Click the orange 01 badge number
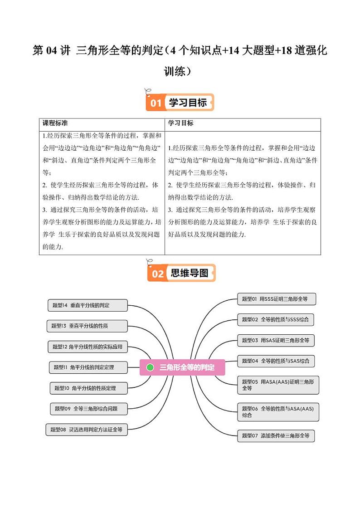tap(156, 103)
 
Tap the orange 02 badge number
tap(157, 274)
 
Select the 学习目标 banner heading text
tap(188, 103)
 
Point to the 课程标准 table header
tap(55, 123)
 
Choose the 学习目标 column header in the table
tap(181, 123)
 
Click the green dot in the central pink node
tap(151, 367)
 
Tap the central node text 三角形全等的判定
tap(187, 367)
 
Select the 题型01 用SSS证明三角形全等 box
tap(276, 299)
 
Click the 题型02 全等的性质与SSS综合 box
tap(276, 319)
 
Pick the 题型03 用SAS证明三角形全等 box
tap(276, 340)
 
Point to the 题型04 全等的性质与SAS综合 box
tap(276, 361)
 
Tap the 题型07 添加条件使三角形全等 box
tap(276, 436)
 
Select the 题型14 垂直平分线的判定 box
tap(87, 305)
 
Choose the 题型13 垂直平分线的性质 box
tap(86, 326)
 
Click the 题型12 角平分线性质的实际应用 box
tap(88, 347)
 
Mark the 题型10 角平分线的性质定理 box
tap(88, 388)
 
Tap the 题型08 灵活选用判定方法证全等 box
tap(87, 430)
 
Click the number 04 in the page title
tap(50, 51)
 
